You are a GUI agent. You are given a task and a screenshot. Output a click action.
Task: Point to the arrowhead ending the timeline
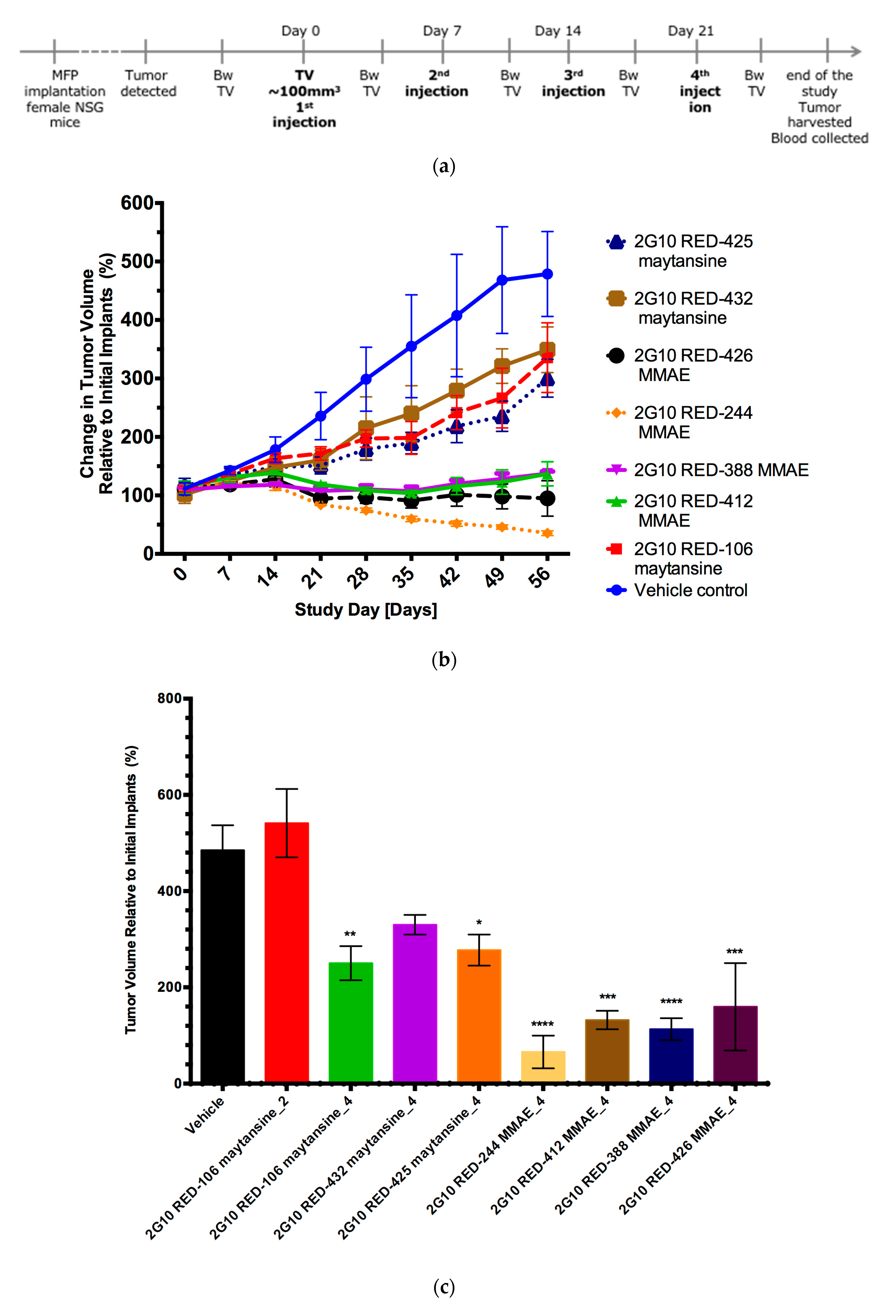coord(856,52)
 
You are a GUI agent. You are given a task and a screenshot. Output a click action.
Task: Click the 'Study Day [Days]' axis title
coord(366,610)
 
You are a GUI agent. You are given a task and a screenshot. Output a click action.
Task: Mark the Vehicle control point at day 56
coord(547,274)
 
